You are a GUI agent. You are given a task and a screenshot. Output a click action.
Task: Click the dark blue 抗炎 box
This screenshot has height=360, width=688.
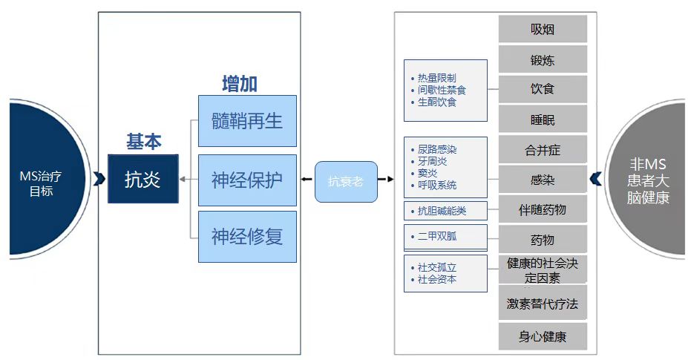point(143,179)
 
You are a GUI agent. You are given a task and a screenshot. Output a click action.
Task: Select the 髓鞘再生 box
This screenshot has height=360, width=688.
point(247,121)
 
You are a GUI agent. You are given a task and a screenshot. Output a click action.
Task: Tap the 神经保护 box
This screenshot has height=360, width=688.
point(247,180)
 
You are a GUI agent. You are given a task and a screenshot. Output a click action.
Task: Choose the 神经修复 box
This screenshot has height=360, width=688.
point(247,237)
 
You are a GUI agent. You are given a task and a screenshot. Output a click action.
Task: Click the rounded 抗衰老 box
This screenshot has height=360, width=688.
point(346,182)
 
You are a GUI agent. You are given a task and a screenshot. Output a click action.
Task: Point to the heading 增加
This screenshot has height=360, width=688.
point(240,84)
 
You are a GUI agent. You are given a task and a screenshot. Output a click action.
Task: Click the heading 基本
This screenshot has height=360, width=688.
point(143,142)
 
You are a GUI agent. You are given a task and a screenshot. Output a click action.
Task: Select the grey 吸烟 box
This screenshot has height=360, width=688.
point(543,29)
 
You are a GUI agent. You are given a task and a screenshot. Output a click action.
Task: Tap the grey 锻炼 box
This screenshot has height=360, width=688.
point(543,59)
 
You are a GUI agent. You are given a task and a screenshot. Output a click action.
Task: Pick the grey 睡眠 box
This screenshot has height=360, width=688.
point(543,119)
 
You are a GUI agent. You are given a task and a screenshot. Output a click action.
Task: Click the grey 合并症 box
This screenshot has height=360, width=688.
point(543,150)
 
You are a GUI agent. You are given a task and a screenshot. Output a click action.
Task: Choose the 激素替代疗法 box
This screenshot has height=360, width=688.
point(543,303)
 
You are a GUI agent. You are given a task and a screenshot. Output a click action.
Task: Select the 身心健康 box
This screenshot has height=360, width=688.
point(543,336)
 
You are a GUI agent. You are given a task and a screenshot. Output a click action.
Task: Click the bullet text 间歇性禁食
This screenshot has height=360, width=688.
point(442,90)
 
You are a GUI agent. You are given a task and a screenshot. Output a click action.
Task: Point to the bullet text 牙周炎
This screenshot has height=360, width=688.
point(432,162)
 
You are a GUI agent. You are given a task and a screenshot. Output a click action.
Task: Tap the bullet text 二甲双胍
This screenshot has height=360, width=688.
point(437,236)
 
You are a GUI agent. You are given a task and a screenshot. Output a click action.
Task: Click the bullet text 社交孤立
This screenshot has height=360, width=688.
point(437,267)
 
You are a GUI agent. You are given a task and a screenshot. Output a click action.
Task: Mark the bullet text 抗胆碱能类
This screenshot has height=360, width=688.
point(442,211)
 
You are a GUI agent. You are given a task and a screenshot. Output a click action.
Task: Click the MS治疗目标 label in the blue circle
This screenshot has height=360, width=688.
point(41,183)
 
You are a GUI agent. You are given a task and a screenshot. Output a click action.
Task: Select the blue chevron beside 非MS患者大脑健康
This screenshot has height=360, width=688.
point(596,179)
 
